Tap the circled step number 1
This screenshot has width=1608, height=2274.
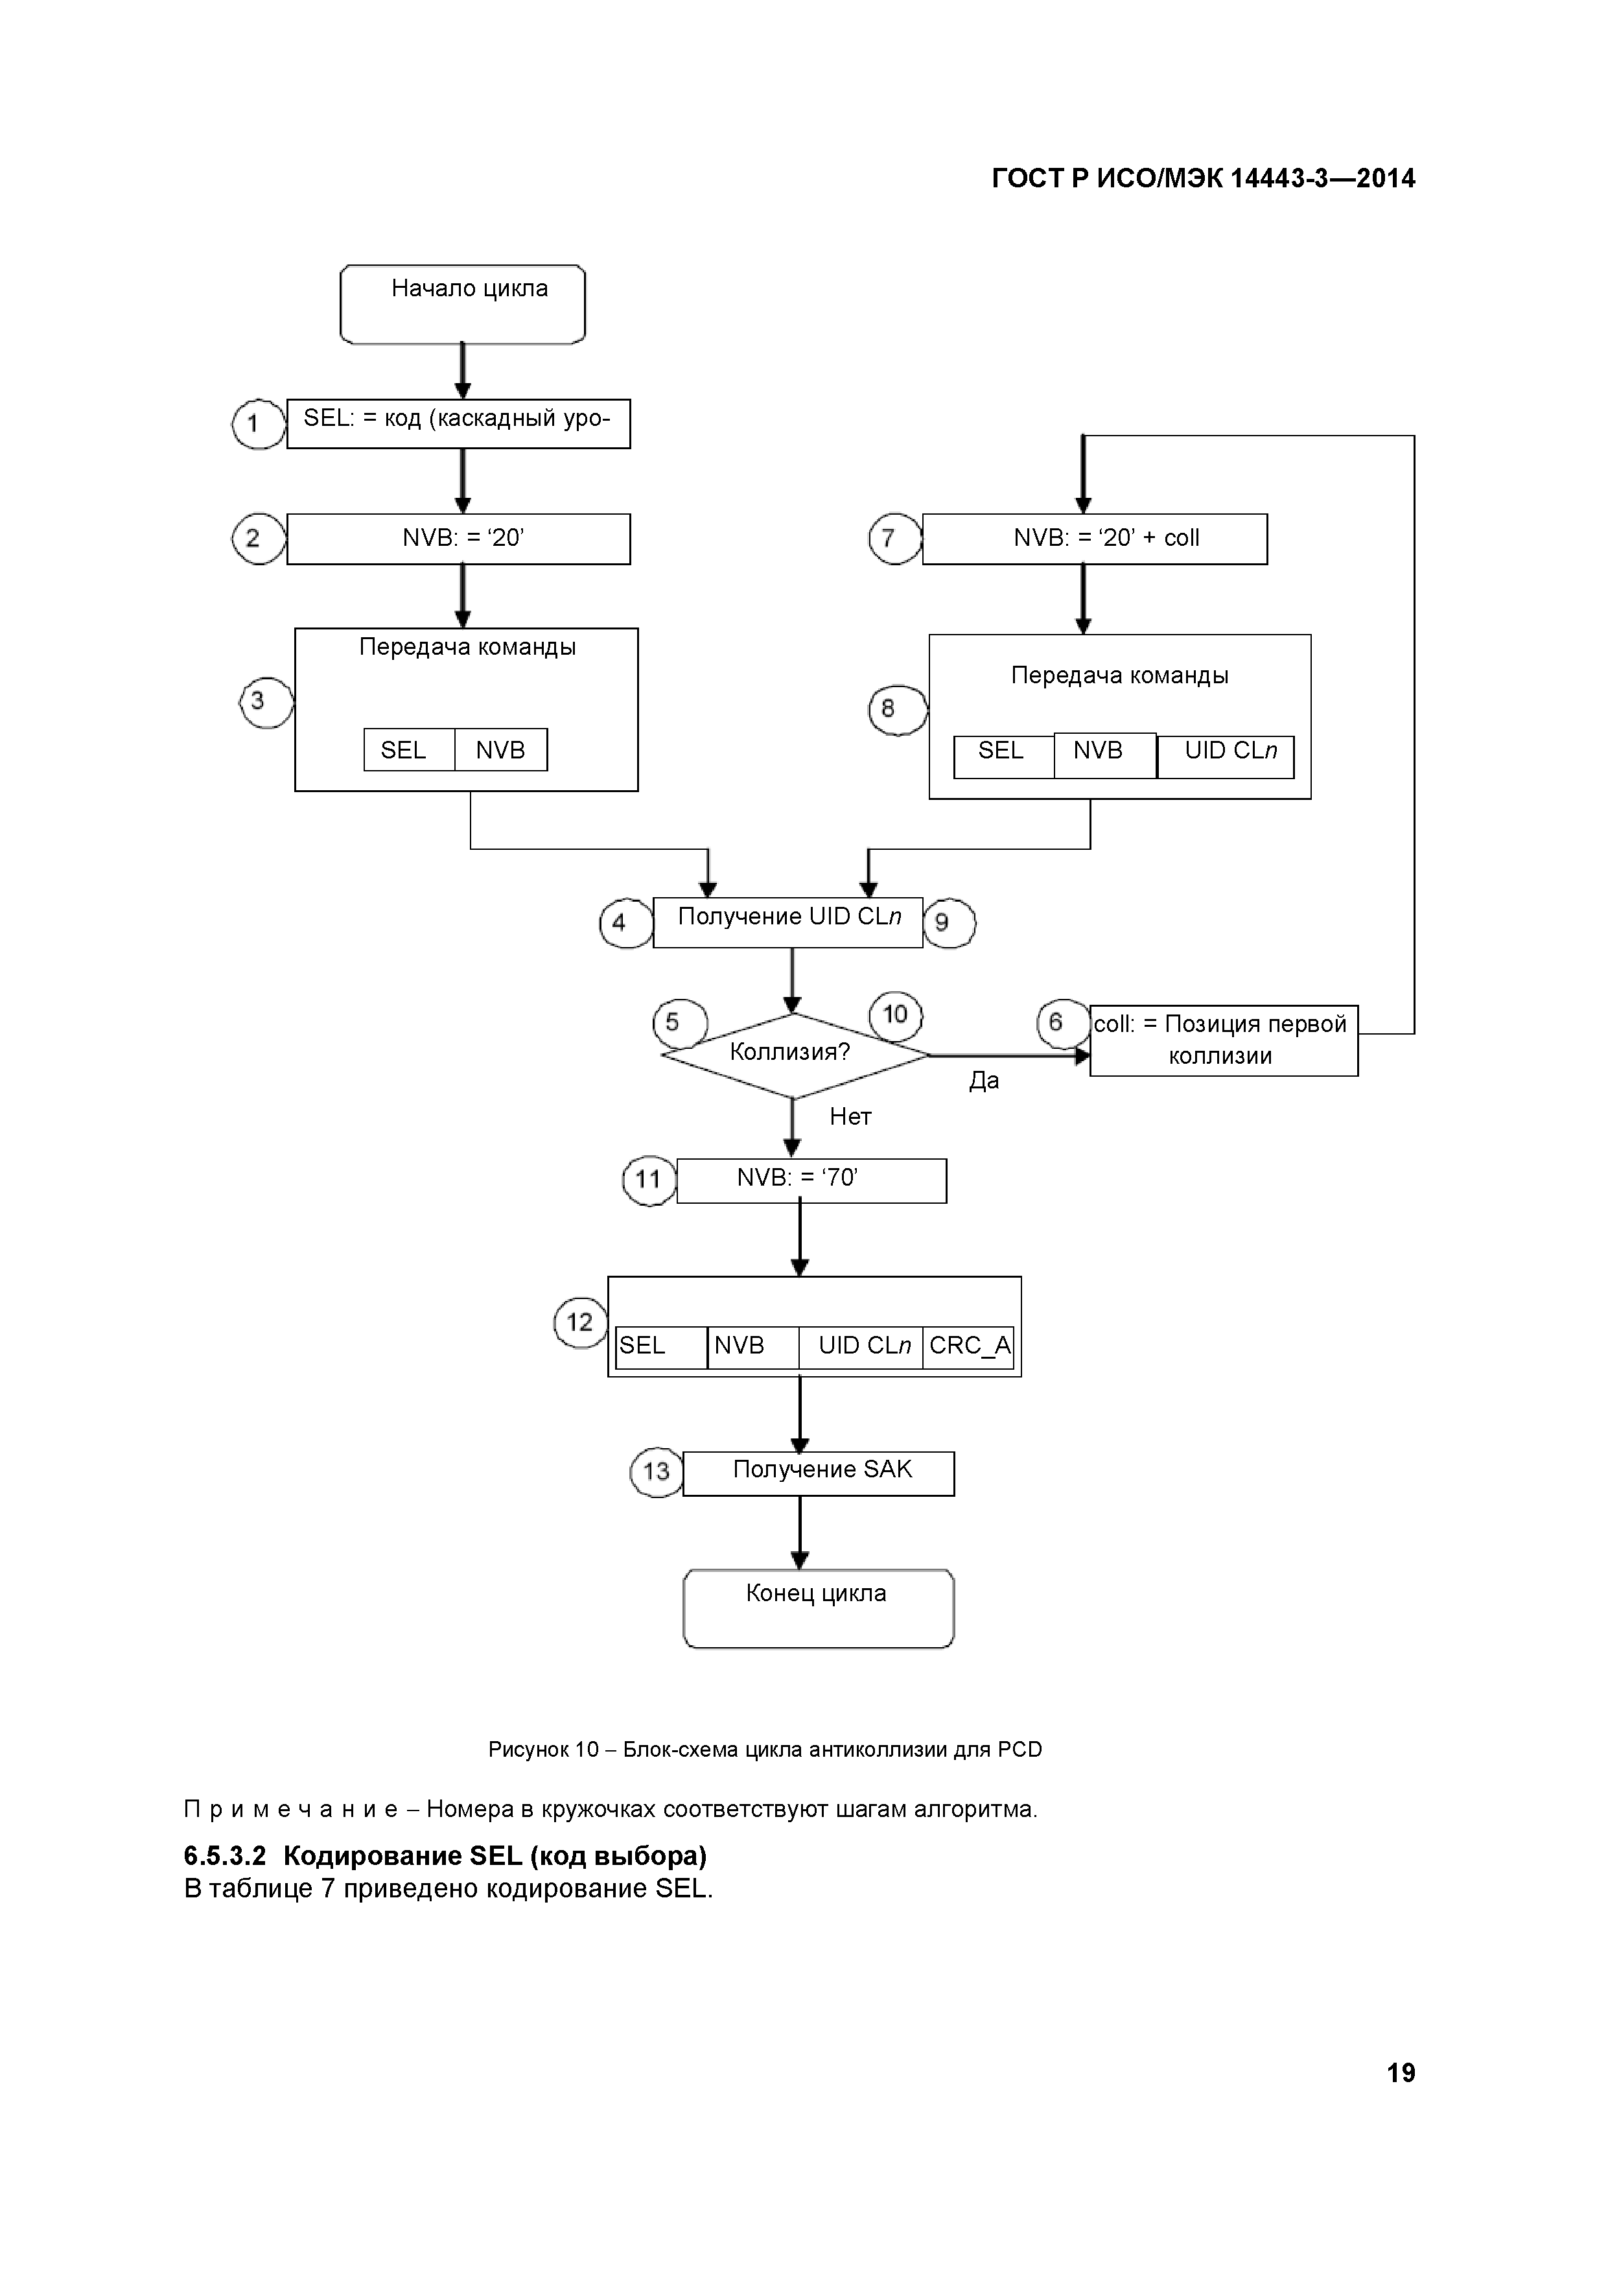click(x=259, y=424)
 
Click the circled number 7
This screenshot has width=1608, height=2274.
click(x=894, y=539)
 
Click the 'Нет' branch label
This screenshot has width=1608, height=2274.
click(x=850, y=1116)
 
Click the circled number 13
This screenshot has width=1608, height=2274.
click(x=657, y=1471)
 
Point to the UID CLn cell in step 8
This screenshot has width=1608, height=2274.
click(x=1226, y=756)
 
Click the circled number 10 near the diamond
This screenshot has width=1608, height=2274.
click(x=895, y=1015)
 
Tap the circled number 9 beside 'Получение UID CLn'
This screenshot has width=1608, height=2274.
click(x=949, y=923)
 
